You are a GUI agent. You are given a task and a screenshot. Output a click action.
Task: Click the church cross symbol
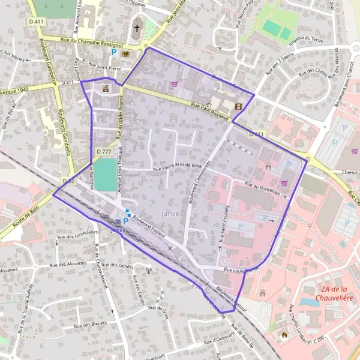point(136,28)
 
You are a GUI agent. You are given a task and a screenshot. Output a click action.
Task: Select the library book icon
point(125,53)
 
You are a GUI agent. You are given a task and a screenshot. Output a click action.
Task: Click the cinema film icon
point(239,107)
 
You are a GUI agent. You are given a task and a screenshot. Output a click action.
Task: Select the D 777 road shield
point(104,152)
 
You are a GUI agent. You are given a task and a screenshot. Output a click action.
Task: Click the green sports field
point(106,175)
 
